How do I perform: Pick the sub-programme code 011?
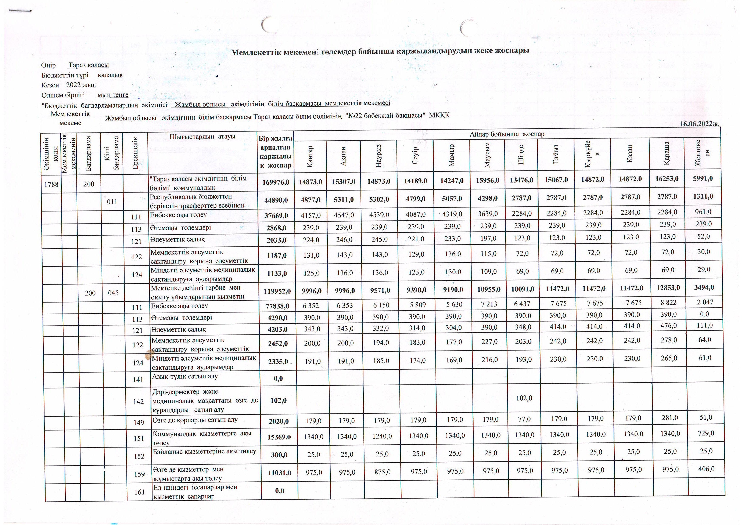(x=112, y=202)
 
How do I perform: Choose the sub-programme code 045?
(x=113, y=293)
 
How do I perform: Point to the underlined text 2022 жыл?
(x=81, y=85)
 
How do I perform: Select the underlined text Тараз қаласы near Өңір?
(x=88, y=65)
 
